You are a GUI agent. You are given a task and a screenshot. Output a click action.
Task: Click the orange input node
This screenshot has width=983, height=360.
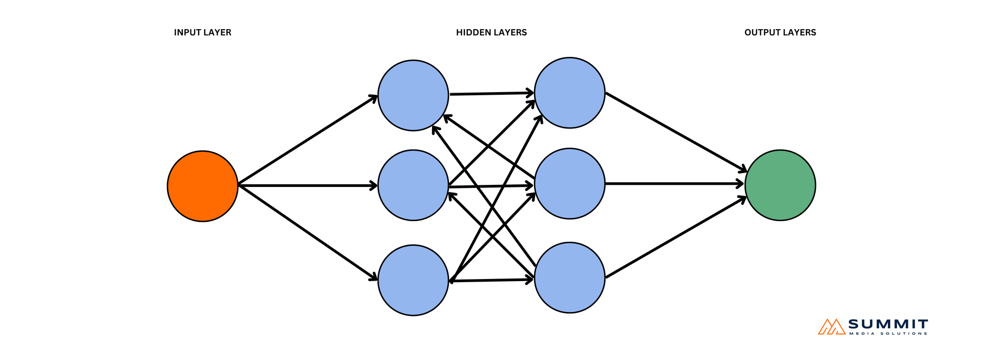pyautogui.click(x=203, y=186)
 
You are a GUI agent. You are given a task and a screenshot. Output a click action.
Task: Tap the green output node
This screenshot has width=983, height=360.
pyautogui.click(x=780, y=185)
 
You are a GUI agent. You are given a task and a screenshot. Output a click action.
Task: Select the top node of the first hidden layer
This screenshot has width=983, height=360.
pyautogui.click(x=413, y=95)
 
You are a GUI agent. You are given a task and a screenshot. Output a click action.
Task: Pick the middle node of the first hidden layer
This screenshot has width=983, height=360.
pyautogui.click(x=413, y=185)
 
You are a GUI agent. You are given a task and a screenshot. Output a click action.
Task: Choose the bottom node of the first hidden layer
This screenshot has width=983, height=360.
pyautogui.click(x=413, y=280)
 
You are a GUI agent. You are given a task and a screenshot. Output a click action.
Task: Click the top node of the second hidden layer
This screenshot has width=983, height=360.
pyautogui.click(x=569, y=93)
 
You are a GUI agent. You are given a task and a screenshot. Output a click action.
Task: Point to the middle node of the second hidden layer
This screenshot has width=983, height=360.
pyautogui.click(x=569, y=183)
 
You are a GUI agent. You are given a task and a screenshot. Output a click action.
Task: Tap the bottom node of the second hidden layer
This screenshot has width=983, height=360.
pyautogui.click(x=569, y=277)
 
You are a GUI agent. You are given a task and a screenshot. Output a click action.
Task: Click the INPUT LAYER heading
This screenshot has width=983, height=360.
pyautogui.click(x=202, y=32)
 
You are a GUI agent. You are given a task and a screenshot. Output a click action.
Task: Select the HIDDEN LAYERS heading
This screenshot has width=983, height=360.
pyautogui.click(x=491, y=32)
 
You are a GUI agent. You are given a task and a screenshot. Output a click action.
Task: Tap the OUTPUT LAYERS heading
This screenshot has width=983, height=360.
pyautogui.click(x=780, y=32)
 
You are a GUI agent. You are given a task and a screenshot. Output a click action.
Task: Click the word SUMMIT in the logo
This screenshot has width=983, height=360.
pyautogui.click(x=888, y=324)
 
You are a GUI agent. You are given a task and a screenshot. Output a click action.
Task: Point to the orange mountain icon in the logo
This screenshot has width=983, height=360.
pyautogui.click(x=831, y=327)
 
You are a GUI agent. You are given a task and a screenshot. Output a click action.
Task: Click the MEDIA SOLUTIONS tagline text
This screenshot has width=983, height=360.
pyautogui.click(x=888, y=334)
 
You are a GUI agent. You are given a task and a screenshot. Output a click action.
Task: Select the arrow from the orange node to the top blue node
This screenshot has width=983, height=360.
pyautogui.click(x=307, y=140)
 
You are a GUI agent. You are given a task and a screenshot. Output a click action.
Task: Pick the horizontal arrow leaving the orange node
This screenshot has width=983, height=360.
pyautogui.click(x=307, y=185)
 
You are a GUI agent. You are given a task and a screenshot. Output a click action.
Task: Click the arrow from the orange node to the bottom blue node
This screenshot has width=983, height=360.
pyautogui.click(x=307, y=232)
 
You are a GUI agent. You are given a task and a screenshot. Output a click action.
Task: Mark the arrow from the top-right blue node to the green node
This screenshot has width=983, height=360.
pyautogui.click(x=675, y=132)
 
